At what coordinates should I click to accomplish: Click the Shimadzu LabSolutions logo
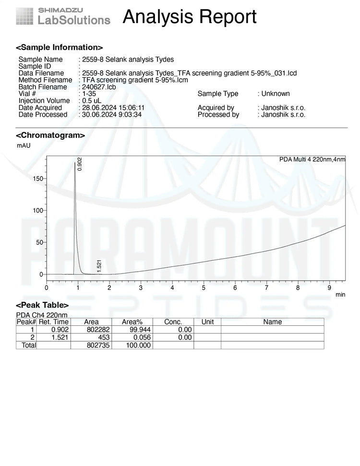coord(63,16)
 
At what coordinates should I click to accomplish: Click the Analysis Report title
coord(190,17)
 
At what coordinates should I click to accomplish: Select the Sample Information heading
coord(60,48)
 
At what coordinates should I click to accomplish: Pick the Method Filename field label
coord(45,80)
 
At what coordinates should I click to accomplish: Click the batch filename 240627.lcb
coord(99,87)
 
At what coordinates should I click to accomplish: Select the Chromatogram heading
coord(50,135)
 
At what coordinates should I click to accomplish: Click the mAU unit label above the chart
coord(24,145)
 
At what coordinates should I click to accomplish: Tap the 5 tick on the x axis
coord(204,288)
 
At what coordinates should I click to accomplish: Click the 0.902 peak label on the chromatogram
coord(80,164)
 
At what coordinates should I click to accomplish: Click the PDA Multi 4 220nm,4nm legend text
coord(312,159)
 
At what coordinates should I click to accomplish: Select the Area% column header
coord(132,322)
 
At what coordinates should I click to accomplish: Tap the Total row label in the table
coord(27,345)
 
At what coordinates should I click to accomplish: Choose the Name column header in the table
coord(272,322)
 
